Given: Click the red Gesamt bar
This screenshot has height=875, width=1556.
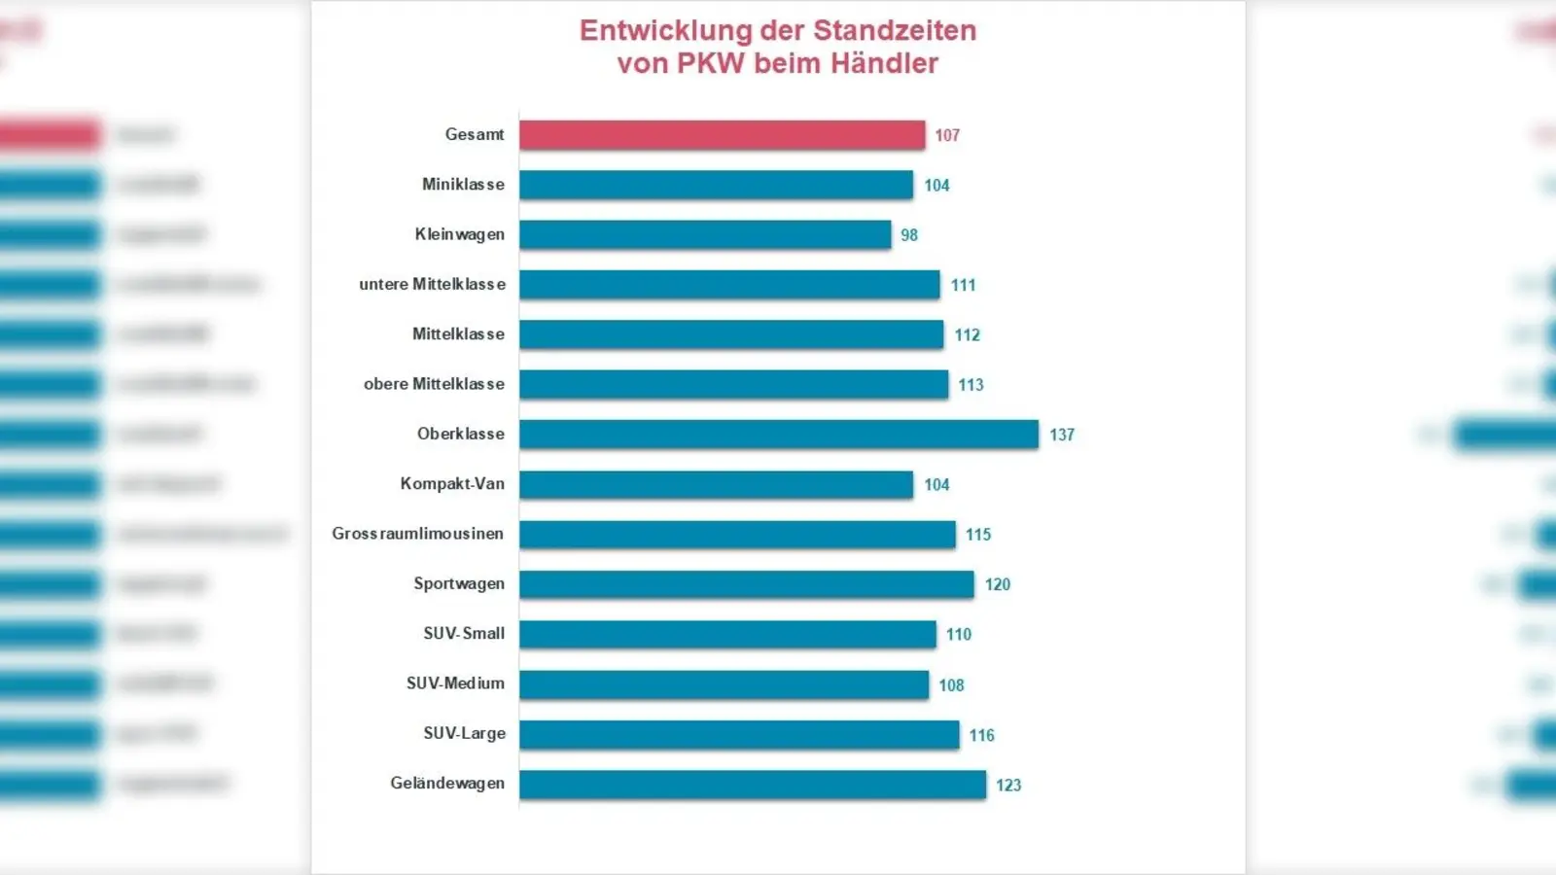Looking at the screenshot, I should coord(722,135).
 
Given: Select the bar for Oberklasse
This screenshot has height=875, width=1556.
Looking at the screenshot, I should coord(778,435).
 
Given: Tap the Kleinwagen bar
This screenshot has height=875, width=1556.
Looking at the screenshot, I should coord(705,234).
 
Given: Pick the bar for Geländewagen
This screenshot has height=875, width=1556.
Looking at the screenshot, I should coord(753,785).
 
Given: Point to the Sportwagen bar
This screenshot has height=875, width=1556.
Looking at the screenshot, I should coord(746,584).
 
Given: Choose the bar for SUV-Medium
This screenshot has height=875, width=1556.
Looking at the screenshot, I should coord(724,684).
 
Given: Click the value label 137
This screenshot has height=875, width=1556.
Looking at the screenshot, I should coord(1062,435).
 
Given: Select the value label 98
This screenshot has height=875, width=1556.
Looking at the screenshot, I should coord(909,235).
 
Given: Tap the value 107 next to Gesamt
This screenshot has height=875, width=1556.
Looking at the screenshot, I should coord(947,135).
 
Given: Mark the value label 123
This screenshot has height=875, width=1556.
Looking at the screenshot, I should coord(1008,785).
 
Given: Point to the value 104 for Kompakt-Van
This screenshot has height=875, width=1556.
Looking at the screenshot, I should coord(937,484).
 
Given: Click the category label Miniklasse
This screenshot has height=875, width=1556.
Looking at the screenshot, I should coord(463,185).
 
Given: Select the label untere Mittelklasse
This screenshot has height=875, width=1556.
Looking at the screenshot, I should coord(432,284).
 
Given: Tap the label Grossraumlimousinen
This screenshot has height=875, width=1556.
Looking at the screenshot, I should coord(417,534).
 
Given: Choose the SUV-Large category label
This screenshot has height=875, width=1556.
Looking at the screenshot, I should coord(464,734).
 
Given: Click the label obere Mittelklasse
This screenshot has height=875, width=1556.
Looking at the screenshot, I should coord(434,384).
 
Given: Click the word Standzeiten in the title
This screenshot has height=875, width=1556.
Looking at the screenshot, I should coord(895,30).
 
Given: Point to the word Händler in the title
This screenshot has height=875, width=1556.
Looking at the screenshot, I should coord(884,63).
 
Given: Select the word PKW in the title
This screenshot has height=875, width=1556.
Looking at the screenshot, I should coord(710,63).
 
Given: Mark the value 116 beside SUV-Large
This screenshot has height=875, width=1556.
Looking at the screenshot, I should coord(981,735).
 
